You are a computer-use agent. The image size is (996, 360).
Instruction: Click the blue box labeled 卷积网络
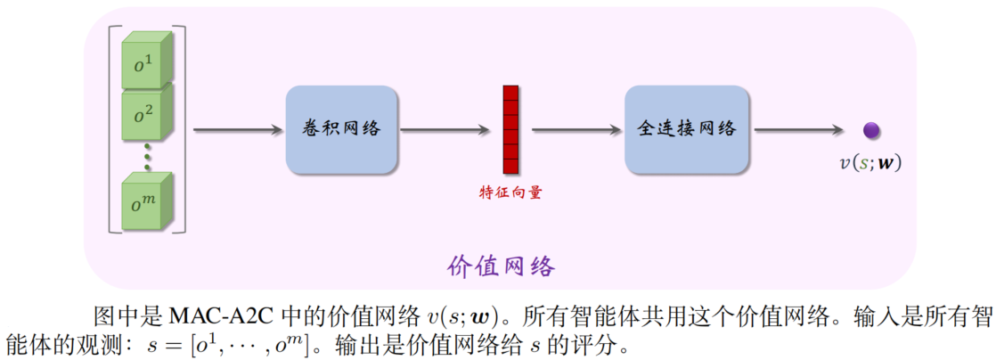[x=341, y=129]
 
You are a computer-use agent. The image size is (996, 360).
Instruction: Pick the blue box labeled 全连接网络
[x=687, y=129]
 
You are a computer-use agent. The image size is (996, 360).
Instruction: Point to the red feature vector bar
[x=510, y=130]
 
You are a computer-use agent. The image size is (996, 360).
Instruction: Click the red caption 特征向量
[x=510, y=192]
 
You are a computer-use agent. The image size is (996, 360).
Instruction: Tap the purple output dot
[x=871, y=130]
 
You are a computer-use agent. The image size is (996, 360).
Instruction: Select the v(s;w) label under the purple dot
[x=870, y=162]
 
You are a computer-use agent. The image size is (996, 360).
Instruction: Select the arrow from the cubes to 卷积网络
[x=236, y=130]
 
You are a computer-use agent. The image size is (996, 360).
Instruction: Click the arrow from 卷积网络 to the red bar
[x=449, y=130]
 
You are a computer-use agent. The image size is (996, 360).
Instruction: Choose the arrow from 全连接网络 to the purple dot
[x=798, y=130]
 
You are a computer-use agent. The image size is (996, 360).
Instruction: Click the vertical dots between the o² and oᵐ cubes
[x=147, y=159]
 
